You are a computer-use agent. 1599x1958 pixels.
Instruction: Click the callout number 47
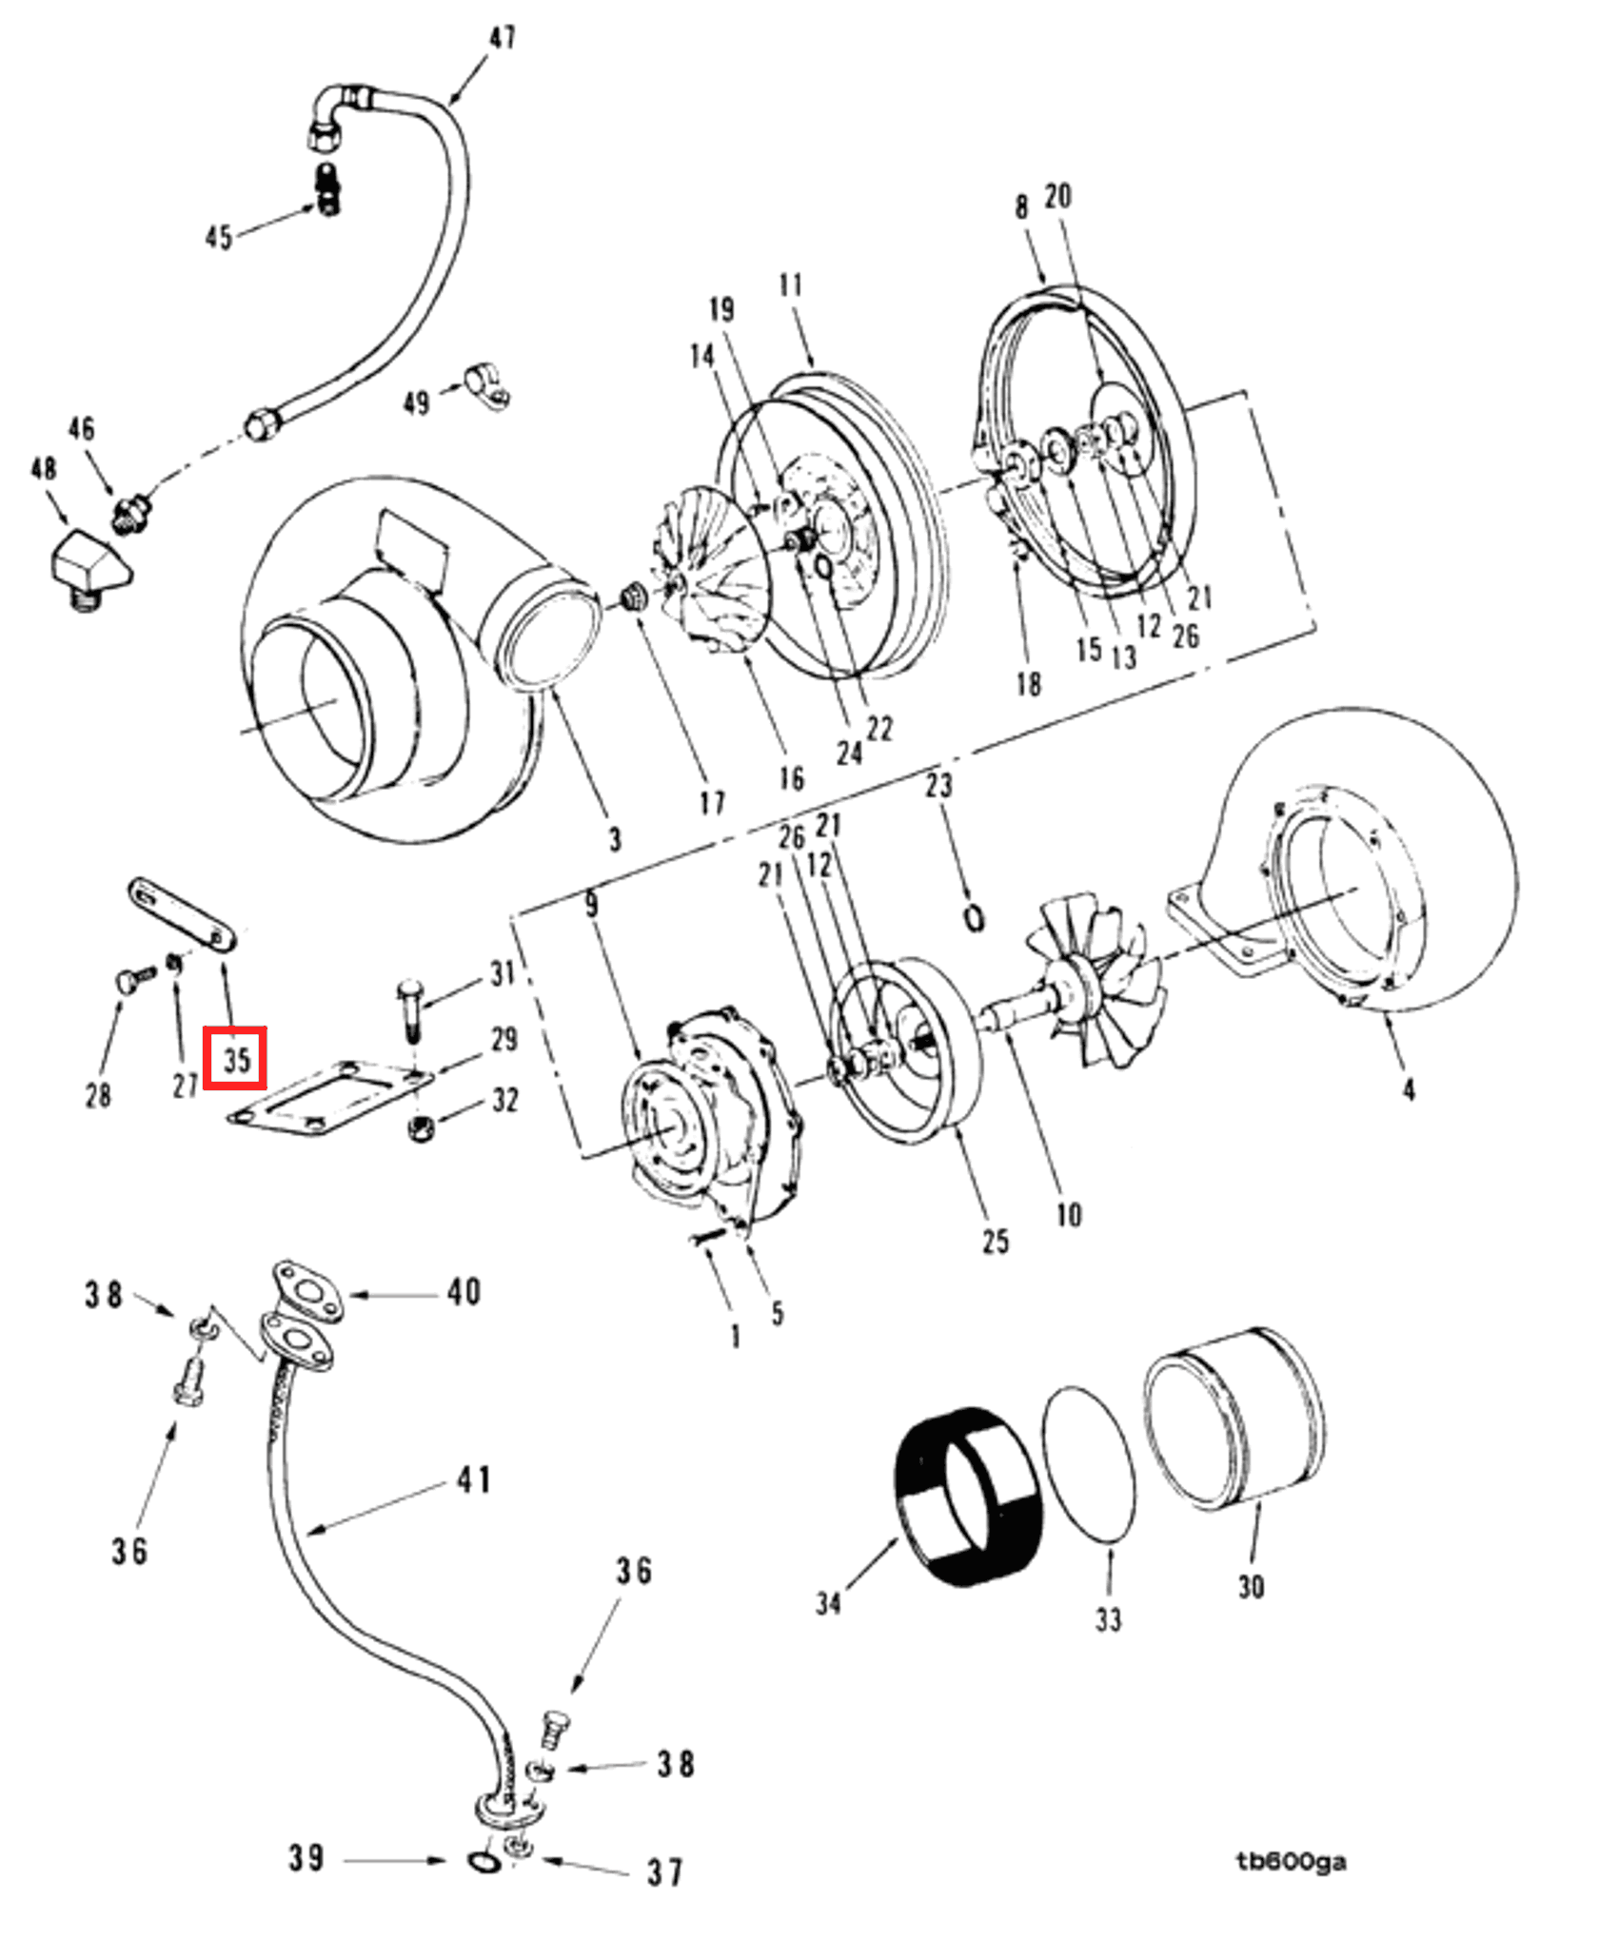[503, 38]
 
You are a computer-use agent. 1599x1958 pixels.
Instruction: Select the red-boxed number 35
[235, 1058]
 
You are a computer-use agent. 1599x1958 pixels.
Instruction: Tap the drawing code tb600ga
[1291, 1862]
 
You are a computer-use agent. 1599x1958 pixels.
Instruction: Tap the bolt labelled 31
[409, 1009]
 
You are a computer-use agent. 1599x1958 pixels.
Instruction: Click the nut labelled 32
[420, 1129]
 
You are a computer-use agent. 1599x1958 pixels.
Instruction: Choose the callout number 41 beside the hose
[474, 1479]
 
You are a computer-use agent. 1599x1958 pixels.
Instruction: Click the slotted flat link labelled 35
[182, 914]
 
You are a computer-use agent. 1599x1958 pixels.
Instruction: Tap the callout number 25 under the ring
[995, 1241]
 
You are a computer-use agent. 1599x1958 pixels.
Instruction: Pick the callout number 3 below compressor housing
[615, 839]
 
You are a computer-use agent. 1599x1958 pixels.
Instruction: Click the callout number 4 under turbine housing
[1409, 1089]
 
